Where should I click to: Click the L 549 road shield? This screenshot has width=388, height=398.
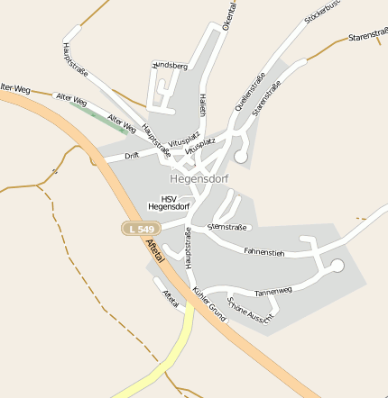click(141, 230)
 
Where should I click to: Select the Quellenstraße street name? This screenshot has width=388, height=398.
click(250, 91)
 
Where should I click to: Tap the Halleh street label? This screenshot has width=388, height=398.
click(202, 105)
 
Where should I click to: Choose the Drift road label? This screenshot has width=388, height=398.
click(132, 155)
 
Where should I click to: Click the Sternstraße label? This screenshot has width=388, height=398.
click(226, 227)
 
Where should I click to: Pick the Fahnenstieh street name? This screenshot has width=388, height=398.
click(263, 253)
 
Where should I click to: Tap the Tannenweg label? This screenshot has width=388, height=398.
click(273, 291)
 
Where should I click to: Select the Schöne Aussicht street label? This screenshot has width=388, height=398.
click(250, 310)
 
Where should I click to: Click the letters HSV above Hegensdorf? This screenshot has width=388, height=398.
click(169, 199)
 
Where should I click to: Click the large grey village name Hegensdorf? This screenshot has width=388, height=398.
click(199, 178)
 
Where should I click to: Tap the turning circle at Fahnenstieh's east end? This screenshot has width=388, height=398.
click(337, 266)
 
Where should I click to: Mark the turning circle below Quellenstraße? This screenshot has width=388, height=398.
click(241, 157)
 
